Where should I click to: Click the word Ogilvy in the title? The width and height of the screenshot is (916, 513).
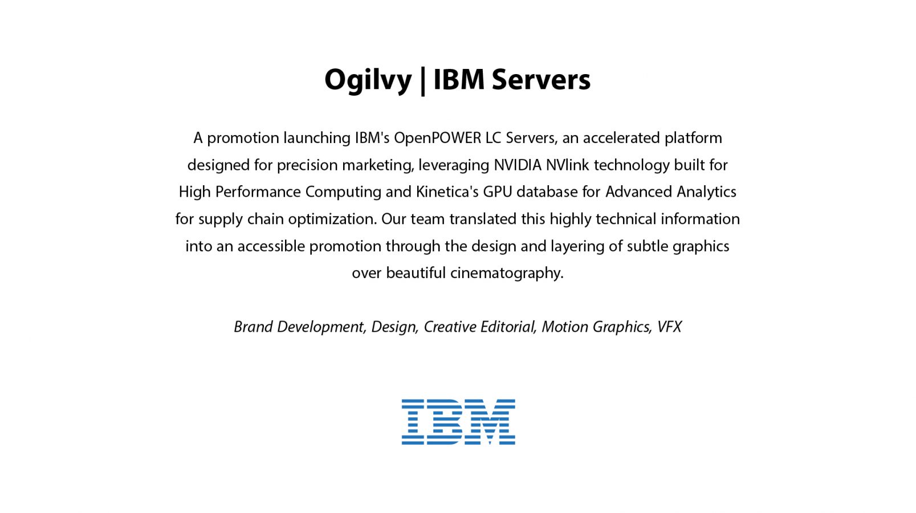coord(368,80)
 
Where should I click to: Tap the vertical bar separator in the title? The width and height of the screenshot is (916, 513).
coord(422,81)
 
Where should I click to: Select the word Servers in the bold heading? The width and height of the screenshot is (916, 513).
coord(541,79)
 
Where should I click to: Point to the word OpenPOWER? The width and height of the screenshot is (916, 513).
coord(437,139)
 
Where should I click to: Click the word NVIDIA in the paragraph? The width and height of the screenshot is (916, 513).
coord(518,165)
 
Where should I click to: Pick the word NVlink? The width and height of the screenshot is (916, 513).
coord(567,165)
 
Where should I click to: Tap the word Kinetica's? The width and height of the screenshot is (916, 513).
coord(447,192)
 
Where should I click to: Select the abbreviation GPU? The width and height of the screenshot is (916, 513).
coord(497,192)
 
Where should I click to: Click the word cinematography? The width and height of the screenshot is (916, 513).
coord(507,274)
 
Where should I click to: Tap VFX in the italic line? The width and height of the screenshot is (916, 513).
coord(669,327)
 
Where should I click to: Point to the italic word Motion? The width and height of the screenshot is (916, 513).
coord(565,327)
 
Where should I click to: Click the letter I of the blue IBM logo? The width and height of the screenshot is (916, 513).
coord(413,422)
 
